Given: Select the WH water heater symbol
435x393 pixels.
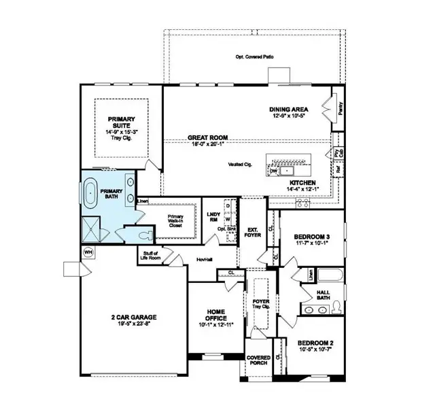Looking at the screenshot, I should tap(88, 252).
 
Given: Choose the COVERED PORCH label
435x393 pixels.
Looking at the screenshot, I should tap(258, 360).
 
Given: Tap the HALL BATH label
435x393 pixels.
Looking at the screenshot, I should tap(323, 293).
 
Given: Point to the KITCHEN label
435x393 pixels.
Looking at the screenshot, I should tap(302, 184).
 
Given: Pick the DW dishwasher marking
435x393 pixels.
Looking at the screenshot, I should tap(274, 171).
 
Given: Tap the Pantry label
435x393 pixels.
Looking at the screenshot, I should tap(341, 107).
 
